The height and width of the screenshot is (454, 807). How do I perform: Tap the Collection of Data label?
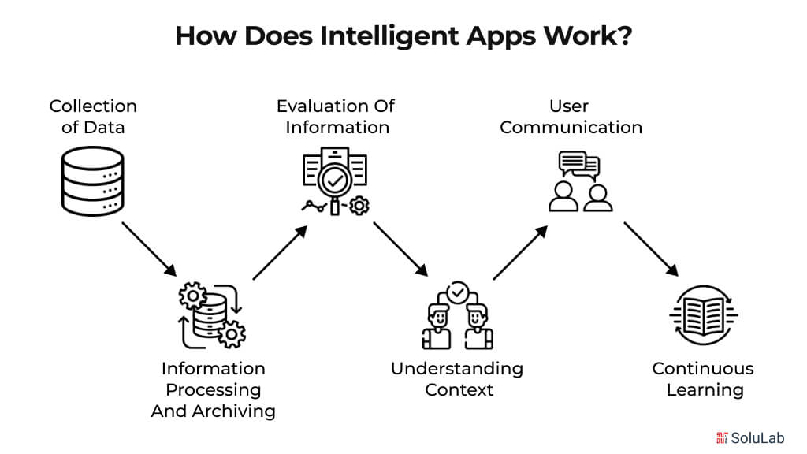tap(93, 116)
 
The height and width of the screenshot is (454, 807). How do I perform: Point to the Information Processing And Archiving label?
tap(213, 389)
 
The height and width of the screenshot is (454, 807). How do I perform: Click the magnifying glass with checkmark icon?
tap(335, 180)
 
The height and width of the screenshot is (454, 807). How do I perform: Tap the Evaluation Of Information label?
tap(336, 116)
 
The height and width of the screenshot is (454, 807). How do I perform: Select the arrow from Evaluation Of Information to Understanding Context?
tap(401, 249)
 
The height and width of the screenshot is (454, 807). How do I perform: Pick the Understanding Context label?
tap(458, 378)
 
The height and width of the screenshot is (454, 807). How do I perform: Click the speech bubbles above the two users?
tap(579, 164)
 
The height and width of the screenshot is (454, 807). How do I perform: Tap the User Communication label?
tap(571, 116)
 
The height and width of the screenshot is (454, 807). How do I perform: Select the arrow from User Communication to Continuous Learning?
tap(651, 249)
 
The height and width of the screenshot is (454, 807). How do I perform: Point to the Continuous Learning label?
tap(703, 378)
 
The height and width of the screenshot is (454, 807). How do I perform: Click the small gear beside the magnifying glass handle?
tap(359, 206)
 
